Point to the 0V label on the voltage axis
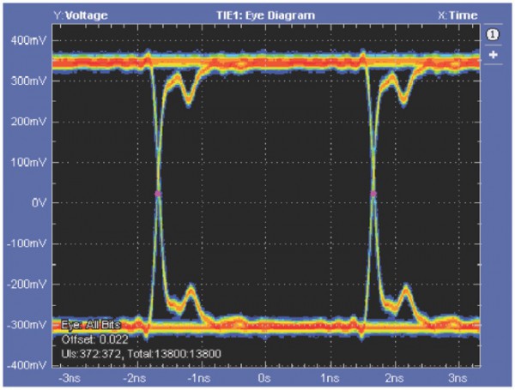click(37, 203)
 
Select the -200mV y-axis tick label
click(27, 285)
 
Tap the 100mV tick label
click(28, 162)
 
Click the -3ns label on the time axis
click(69, 378)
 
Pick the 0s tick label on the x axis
click(265, 378)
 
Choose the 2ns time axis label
click(394, 378)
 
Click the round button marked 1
click(494, 34)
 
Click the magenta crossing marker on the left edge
click(158, 194)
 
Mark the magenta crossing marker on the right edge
click(374, 194)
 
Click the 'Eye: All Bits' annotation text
click(89, 326)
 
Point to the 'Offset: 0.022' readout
click(89, 339)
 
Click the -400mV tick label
click(27, 366)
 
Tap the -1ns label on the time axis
click(198, 378)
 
